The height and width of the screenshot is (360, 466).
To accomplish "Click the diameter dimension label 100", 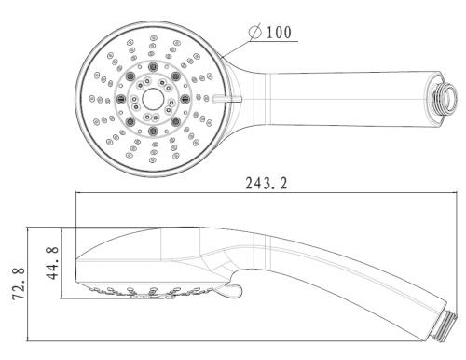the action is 280,33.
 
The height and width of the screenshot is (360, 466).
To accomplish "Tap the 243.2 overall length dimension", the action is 267,183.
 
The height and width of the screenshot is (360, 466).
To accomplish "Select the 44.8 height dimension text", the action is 53,263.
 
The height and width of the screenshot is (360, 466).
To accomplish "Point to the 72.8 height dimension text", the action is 19,283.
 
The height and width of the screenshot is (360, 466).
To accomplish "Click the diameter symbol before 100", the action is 255,32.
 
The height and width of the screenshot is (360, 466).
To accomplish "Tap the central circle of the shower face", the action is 153,99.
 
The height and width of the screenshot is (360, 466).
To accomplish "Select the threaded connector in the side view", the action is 443,325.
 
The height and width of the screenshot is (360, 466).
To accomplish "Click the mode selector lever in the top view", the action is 226,99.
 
